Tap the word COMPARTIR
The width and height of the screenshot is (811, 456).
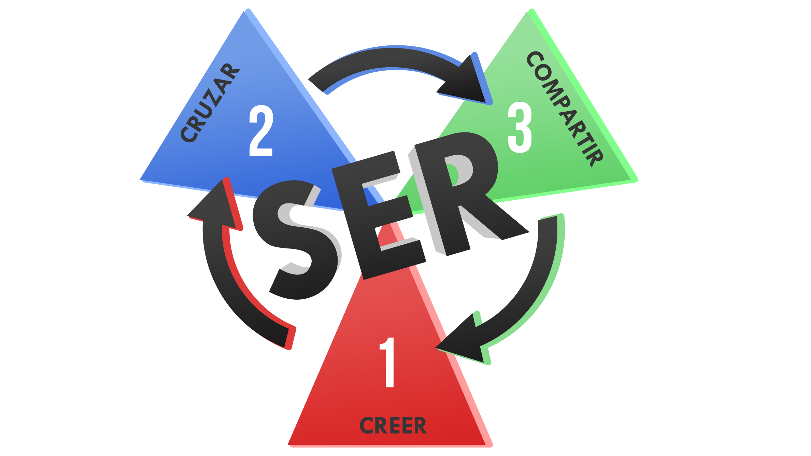pyautogui.click(x=565, y=109)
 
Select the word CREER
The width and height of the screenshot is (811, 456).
pyautogui.click(x=393, y=426)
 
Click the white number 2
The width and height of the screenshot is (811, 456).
pyautogui.click(x=261, y=131)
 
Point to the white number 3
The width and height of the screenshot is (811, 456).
pyautogui.click(x=520, y=127)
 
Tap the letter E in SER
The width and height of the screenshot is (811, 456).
pyautogui.click(x=379, y=215)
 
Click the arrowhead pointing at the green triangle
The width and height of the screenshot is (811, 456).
pyautogui.click(x=468, y=84)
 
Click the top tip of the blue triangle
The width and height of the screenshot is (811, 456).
pyautogui.click(x=243, y=12)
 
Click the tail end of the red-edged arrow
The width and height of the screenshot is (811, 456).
pyautogui.click(x=288, y=338)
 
